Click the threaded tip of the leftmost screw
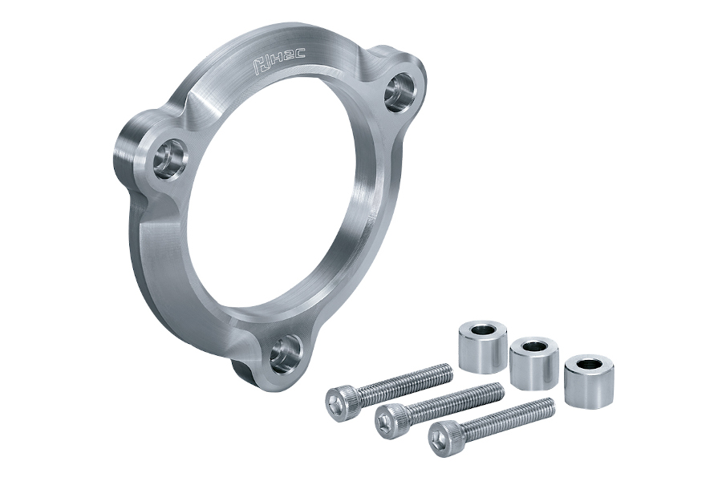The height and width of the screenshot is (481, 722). (448, 371)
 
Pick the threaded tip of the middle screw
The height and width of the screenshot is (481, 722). (499, 390)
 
